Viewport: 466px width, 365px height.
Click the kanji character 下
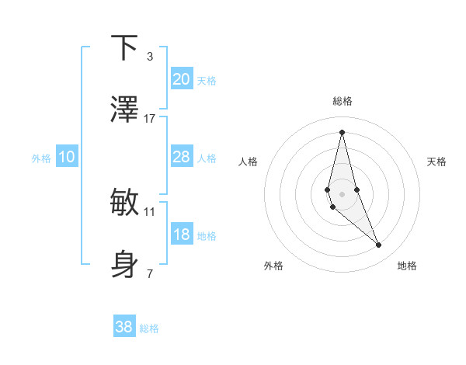pos(124,47)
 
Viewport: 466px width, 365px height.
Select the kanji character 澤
pos(124,110)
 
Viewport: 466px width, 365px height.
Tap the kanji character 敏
pos(124,203)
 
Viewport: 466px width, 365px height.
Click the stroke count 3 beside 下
pos(150,56)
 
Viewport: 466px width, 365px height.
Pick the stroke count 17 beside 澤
pos(150,119)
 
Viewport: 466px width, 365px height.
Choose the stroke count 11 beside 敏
pos(150,211)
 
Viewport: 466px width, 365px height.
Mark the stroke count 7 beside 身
pos(150,273)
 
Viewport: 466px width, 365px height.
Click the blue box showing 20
pos(181,78)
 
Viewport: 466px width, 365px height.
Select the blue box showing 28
pos(181,157)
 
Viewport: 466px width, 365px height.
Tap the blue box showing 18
pos(181,235)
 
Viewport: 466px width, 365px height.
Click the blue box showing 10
pos(66,157)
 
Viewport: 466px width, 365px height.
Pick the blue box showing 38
pos(124,327)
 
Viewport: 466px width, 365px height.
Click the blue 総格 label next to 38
pos(149,328)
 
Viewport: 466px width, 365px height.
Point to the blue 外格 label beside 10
pos(41,158)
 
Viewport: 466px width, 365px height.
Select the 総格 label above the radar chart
pos(343,101)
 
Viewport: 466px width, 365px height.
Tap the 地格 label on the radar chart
pos(407,266)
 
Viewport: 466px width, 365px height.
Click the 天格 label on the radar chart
pos(436,162)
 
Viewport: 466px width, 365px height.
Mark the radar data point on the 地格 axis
pos(379,245)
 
